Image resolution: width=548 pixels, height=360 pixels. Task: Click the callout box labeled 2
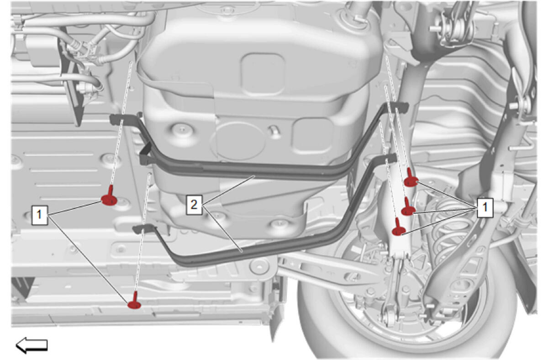194,205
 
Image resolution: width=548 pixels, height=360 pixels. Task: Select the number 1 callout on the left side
39,215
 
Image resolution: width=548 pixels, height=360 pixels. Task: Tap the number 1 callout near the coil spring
485,208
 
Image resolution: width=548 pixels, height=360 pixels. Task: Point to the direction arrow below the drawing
32,345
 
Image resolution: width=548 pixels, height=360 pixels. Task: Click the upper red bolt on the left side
109,197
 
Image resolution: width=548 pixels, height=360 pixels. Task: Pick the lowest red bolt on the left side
134,302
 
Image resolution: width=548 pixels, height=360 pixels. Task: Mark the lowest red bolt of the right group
399,228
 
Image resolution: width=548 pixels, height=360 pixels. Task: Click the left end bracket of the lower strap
144,229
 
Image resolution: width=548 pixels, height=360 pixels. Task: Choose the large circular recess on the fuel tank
240,142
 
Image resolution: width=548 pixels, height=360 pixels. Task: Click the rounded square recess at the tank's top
263,74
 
